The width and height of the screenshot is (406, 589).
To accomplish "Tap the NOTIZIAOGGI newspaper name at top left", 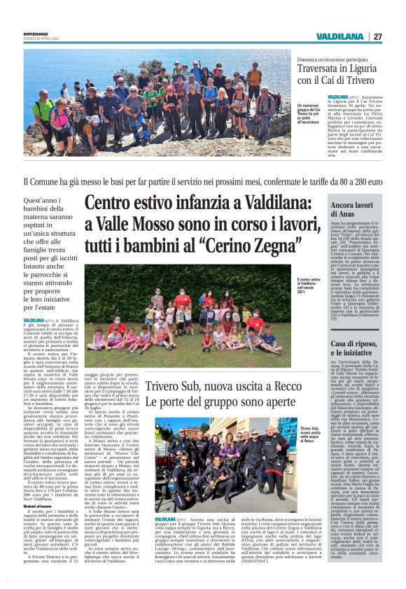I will (x=41, y=33).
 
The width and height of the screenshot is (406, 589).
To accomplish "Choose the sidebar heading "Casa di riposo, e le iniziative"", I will (x=360, y=348).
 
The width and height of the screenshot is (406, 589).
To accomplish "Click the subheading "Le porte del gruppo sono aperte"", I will (x=224, y=404).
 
